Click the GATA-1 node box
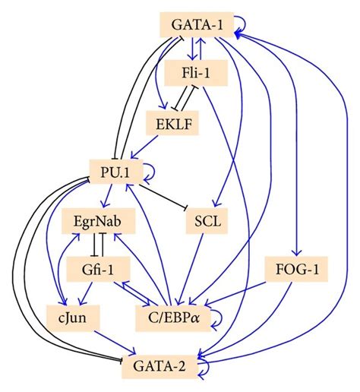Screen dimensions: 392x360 [197, 24]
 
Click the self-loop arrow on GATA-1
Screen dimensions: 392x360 [240, 24]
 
